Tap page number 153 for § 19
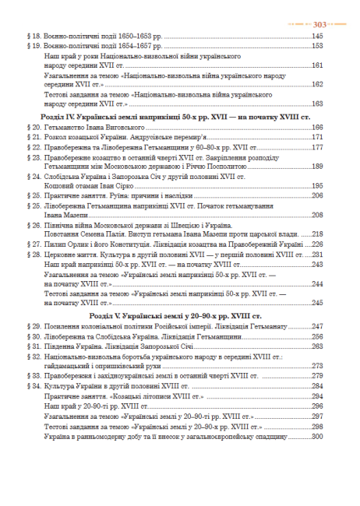click(317, 46)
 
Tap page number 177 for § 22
click(317, 146)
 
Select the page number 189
click(317, 167)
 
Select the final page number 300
click(317, 436)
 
